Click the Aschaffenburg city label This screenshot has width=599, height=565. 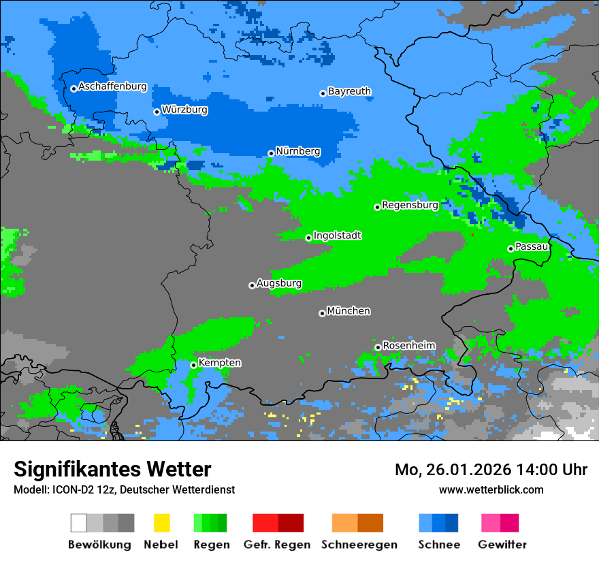click(112, 87)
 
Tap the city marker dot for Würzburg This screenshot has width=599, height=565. click(157, 112)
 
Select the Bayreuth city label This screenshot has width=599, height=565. click(349, 91)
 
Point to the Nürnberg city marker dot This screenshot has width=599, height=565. click(271, 153)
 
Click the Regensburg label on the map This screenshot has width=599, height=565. click(410, 205)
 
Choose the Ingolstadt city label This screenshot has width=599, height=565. click(337, 236)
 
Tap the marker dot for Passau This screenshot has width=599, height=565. click(511, 248)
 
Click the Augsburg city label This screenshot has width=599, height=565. click(279, 283)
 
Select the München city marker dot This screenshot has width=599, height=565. click(322, 313)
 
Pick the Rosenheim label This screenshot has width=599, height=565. click(408, 346)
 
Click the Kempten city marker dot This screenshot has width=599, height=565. click(193, 365)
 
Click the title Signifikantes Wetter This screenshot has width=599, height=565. click(112, 470)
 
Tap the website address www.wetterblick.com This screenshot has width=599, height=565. click(491, 489)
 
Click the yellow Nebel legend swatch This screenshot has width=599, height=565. click(161, 523)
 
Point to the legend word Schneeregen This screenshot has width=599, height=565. click(359, 545)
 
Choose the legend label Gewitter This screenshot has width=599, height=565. click(502, 545)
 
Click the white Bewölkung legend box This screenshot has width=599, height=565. click(79, 523)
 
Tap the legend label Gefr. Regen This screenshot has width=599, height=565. click(277, 545)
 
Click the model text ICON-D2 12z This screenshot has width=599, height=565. click(80, 489)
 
